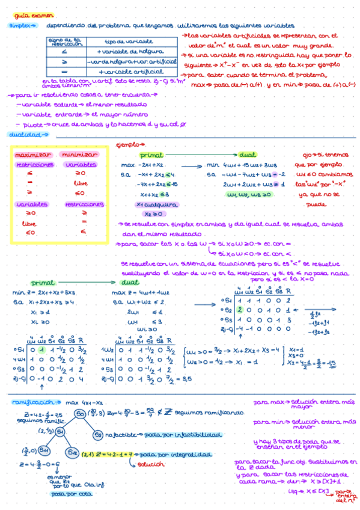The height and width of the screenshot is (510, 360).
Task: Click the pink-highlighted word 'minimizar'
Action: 80,155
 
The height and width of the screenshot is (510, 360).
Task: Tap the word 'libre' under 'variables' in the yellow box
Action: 79,184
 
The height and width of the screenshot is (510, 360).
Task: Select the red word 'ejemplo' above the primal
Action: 129,146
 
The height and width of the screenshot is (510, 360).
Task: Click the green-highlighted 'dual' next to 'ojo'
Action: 248,155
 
